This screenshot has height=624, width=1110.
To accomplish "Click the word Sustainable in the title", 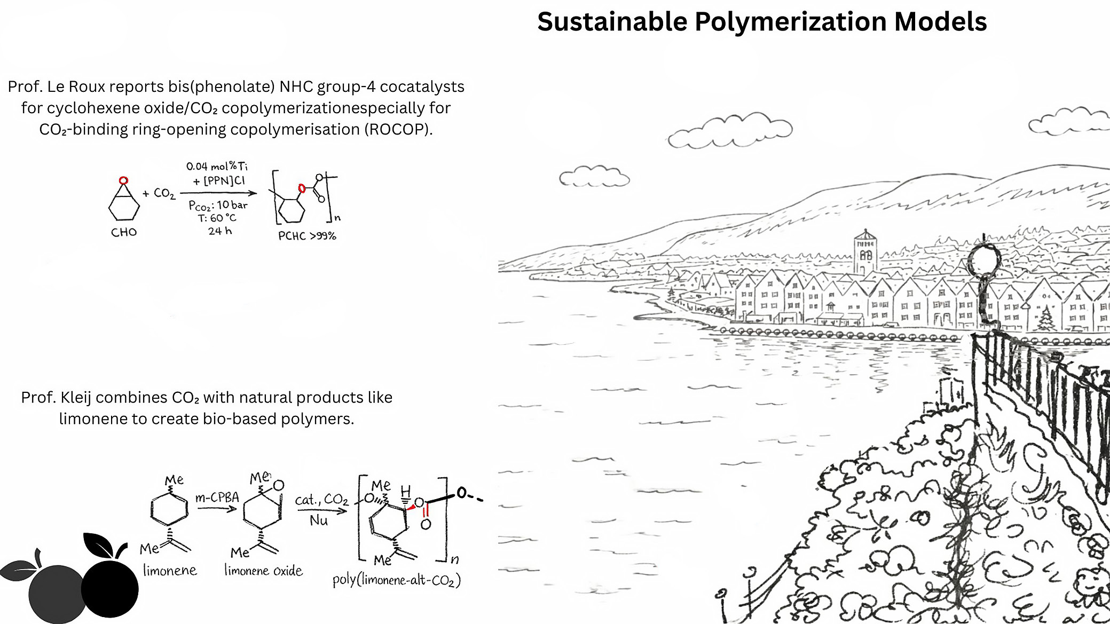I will (x=612, y=22).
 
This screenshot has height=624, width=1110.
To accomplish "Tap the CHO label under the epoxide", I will (x=124, y=232).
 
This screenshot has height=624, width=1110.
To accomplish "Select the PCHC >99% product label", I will (x=307, y=236).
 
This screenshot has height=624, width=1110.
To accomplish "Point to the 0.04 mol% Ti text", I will (x=217, y=166).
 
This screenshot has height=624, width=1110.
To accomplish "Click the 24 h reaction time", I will (x=220, y=231).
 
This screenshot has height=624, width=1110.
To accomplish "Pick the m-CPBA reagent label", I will (x=217, y=497).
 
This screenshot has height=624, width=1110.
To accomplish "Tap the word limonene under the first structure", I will (x=170, y=571).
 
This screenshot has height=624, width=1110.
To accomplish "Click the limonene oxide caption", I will (x=263, y=571).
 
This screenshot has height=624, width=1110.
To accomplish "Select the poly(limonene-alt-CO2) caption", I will (x=396, y=580).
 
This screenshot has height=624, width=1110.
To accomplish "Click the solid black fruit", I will (x=110, y=587).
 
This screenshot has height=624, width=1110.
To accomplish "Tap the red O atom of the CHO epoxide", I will (x=124, y=181).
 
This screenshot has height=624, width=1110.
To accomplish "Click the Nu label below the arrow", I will (x=319, y=520).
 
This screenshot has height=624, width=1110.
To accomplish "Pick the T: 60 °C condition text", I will (x=217, y=218).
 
